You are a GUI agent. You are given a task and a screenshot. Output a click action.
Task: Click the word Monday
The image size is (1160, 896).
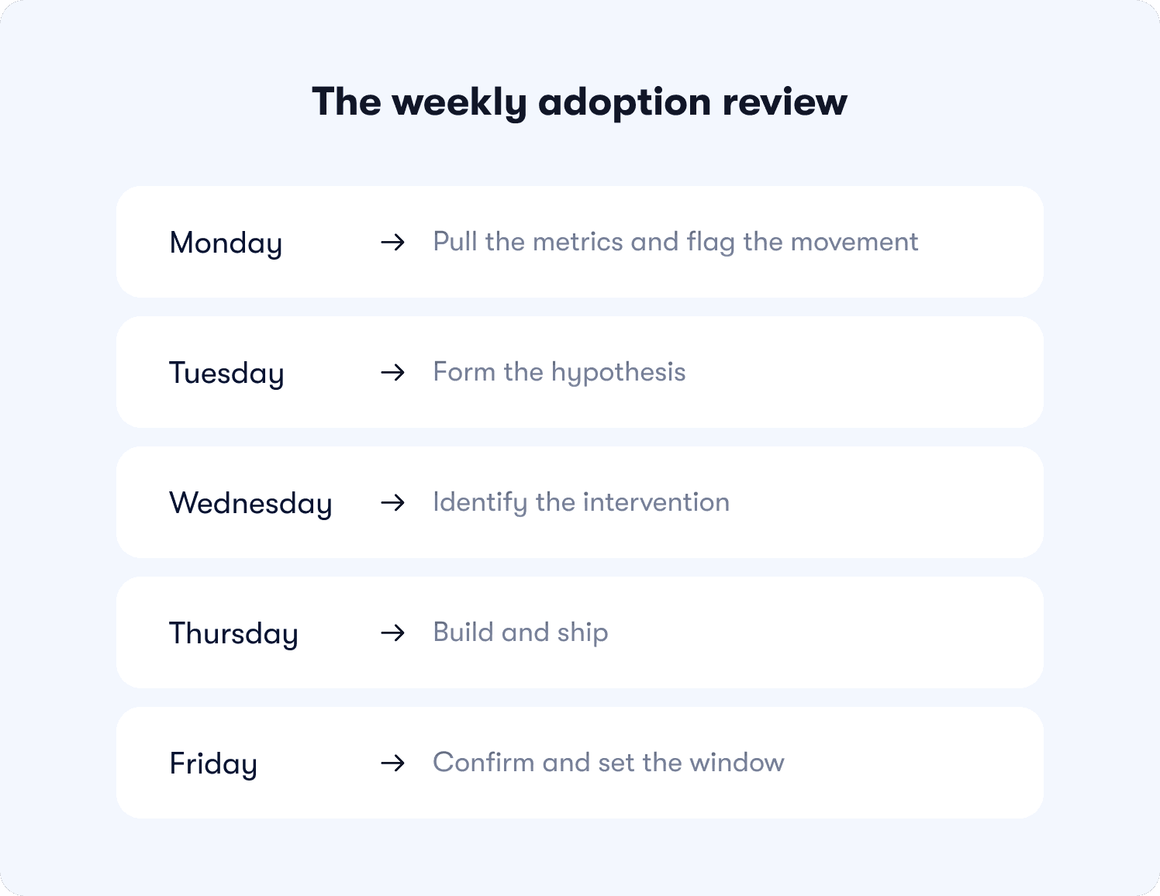tap(226, 243)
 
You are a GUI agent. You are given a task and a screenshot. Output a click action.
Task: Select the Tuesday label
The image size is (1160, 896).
tap(226, 374)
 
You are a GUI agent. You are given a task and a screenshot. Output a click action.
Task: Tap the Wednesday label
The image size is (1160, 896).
tap(250, 504)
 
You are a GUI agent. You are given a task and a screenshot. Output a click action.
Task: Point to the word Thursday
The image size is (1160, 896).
tap(233, 634)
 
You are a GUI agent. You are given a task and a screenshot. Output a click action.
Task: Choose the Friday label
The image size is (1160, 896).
tap(213, 764)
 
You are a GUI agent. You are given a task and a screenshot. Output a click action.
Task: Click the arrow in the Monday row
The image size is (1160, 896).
tap(393, 243)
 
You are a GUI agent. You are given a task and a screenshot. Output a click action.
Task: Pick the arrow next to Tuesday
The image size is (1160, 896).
tap(393, 373)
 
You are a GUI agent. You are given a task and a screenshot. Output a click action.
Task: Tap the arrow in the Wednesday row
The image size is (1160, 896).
tap(393, 503)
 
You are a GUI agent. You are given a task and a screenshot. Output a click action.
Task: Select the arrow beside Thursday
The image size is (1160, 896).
tap(393, 633)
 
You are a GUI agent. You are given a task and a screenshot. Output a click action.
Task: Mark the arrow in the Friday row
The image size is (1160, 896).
tap(393, 763)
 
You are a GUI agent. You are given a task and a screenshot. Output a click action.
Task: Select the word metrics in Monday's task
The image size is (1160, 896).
tap(578, 242)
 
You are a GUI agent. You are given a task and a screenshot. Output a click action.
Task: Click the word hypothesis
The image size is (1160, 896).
tap(618, 373)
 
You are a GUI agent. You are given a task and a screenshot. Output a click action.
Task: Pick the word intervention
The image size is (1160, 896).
tap(656, 502)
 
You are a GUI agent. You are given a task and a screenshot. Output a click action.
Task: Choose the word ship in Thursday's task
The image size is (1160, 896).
tap(582, 633)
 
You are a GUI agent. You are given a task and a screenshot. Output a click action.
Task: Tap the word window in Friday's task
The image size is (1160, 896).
tap(737, 763)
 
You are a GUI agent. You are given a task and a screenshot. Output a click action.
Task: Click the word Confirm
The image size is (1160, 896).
tap(484, 763)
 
